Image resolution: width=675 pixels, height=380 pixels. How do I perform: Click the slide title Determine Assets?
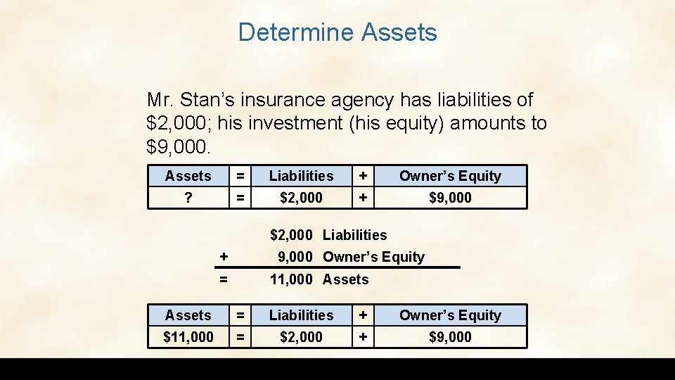click(x=337, y=32)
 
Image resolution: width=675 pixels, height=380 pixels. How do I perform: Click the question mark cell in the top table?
click(x=188, y=198)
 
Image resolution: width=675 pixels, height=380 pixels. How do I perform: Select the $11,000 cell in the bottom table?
click(x=188, y=337)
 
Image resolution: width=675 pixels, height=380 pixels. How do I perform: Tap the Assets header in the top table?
click(x=188, y=176)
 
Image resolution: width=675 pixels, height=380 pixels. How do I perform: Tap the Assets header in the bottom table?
click(x=188, y=315)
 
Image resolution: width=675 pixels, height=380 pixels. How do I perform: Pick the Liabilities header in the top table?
click(x=301, y=176)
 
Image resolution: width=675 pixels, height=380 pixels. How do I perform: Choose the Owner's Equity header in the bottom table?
click(x=450, y=315)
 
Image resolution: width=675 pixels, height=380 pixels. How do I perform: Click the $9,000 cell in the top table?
click(x=450, y=198)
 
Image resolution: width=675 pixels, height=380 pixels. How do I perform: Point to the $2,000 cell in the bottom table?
click(x=301, y=337)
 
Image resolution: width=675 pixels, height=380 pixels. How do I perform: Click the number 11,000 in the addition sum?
click(x=291, y=279)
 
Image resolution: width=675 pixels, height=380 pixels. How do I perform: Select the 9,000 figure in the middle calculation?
click(x=295, y=257)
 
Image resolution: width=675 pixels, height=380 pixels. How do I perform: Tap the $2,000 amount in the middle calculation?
click(x=291, y=234)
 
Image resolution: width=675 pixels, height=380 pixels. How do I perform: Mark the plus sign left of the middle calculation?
click(x=224, y=257)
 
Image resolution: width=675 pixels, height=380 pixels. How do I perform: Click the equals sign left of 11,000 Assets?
click(x=224, y=279)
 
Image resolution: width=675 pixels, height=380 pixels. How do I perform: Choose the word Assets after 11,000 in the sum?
click(x=345, y=279)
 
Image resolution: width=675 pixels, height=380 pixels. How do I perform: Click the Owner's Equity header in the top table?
click(x=450, y=176)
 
